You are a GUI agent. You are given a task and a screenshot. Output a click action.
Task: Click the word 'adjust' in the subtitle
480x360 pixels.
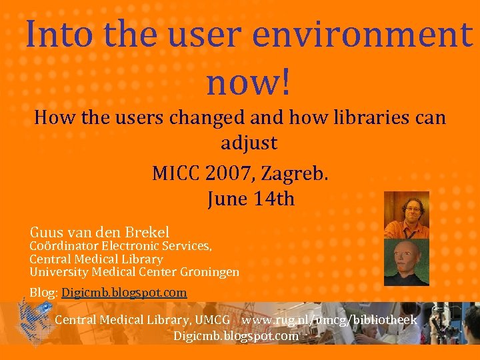click(249, 143)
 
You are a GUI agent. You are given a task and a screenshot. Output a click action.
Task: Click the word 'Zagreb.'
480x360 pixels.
click(295, 174)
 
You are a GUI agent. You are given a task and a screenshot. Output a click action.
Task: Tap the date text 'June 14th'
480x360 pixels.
click(251, 199)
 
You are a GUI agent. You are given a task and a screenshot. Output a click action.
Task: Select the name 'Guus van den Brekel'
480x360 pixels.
click(99, 232)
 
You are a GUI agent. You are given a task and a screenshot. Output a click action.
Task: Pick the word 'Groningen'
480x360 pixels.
click(208, 271)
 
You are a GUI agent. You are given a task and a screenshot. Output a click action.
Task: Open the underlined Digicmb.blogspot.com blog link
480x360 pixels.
click(124, 293)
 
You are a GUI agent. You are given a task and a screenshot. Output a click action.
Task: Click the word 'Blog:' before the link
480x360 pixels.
click(44, 293)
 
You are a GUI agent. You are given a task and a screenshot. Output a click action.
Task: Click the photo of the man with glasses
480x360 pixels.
click(407, 215)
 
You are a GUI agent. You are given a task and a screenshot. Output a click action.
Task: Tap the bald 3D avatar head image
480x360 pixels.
click(407, 262)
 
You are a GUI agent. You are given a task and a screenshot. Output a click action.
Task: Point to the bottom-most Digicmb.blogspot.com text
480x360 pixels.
click(236, 336)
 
